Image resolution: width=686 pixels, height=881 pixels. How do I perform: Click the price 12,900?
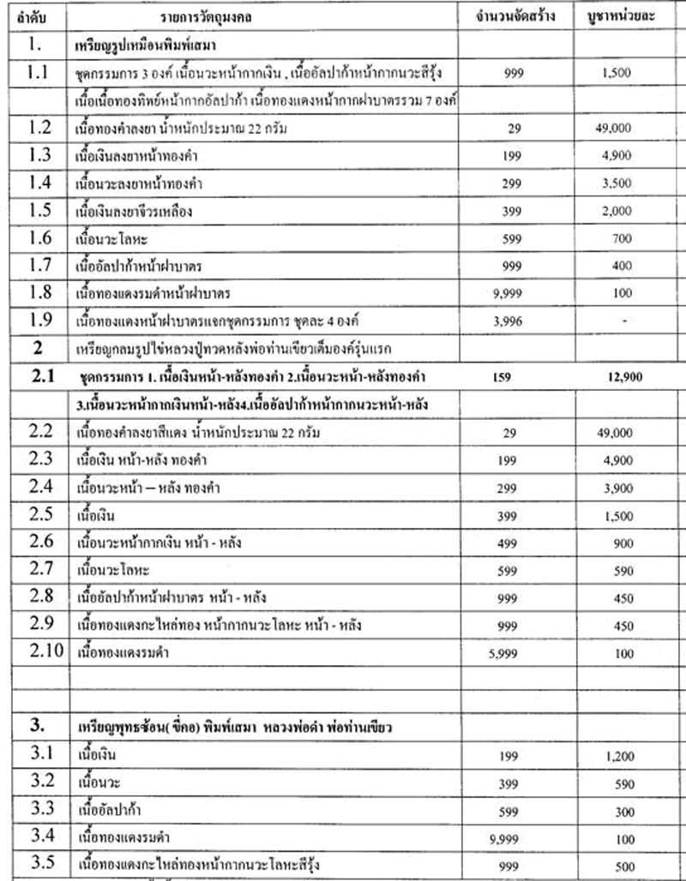[x=615, y=376]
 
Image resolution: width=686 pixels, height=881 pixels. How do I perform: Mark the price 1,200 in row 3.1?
[x=615, y=756]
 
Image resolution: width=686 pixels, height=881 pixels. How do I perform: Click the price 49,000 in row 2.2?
[x=615, y=433]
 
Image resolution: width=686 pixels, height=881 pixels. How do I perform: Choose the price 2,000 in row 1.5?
[x=615, y=212]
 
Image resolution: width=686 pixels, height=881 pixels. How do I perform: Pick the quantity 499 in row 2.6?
[x=512, y=542]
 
